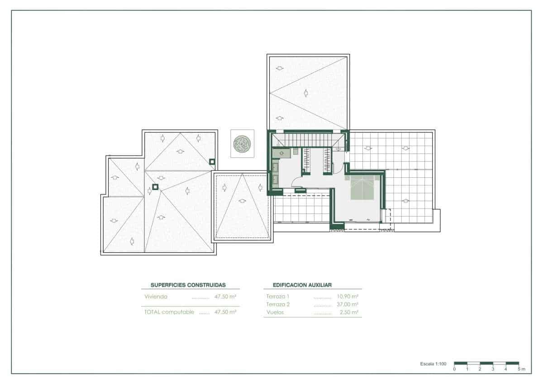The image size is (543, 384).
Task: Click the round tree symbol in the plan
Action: tap(242, 144)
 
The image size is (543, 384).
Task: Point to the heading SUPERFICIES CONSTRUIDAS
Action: tap(188, 285)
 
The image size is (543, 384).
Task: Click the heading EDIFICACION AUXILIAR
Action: tap(303, 285)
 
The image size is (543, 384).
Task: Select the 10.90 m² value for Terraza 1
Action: tap(348, 297)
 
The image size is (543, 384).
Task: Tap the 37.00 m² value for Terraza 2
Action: tap(348, 304)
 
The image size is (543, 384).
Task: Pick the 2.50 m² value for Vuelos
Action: tap(349, 312)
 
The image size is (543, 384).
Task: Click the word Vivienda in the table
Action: tap(156, 297)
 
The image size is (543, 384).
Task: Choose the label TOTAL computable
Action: tap(169, 312)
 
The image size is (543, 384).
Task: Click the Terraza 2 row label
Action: tap(278, 304)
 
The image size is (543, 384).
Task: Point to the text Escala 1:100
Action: tap(433, 364)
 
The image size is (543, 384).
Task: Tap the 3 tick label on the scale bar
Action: tap(493, 370)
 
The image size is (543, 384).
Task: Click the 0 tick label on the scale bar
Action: tap(454, 370)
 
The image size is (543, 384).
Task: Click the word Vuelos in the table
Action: tap(276, 312)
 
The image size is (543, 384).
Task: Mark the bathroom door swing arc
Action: tap(297, 182)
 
